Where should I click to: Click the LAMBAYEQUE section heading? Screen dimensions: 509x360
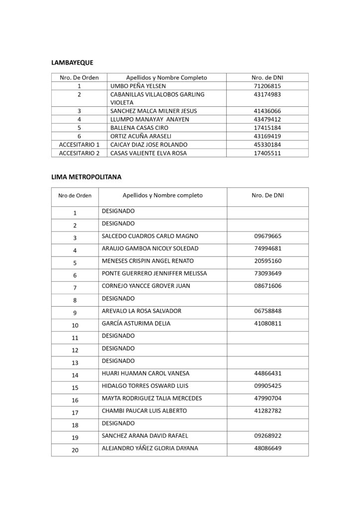point(73,63)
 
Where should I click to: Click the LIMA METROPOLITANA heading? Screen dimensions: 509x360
point(87,176)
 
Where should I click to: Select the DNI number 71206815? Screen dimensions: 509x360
point(267,86)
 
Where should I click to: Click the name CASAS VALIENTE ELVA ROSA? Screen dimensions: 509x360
point(148,153)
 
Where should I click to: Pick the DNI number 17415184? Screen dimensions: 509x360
point(267,128)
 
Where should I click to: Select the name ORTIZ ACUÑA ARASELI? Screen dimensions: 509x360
point(139,136)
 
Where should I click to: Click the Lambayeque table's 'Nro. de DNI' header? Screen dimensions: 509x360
point(267,78)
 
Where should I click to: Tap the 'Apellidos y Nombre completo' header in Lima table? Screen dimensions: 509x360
point(163,195)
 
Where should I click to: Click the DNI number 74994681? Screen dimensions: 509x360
point(268,249)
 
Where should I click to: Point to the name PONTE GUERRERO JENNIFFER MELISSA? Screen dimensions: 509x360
point(154,273)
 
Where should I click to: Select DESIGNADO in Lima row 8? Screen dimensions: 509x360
point(118,298)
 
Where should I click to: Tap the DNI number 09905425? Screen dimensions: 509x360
point(268,386)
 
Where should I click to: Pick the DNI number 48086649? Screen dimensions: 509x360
point(268,448)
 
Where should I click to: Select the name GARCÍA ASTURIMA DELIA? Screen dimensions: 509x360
point(136,324)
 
